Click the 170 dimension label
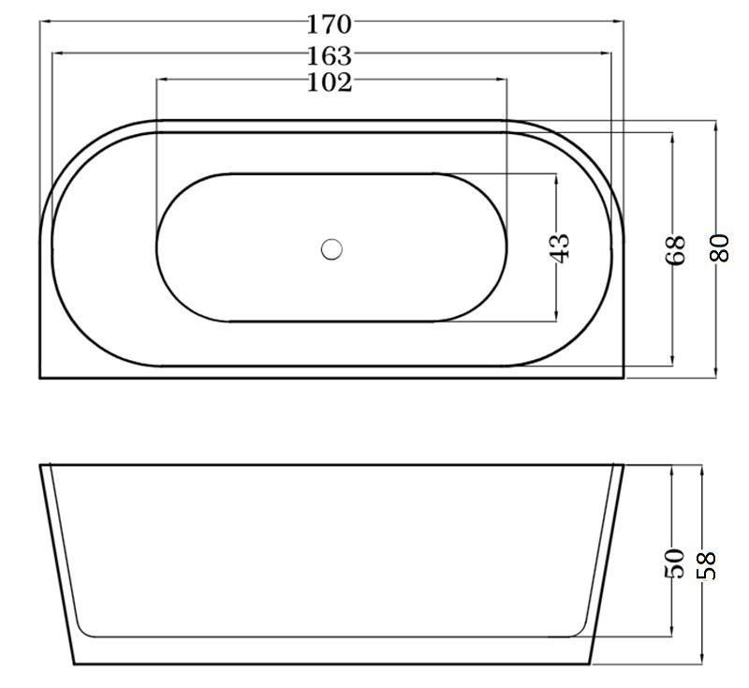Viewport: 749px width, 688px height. (329, 24)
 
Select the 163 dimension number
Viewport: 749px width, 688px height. (329, 56)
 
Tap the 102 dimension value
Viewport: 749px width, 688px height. (329, 82)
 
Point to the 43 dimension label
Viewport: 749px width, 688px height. (561, 247)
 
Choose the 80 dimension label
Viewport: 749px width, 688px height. (720, 247)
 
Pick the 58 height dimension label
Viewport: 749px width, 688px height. (706, 565)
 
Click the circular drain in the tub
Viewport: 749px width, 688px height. (331, 249)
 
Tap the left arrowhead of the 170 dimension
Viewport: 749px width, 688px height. (45, 21)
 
